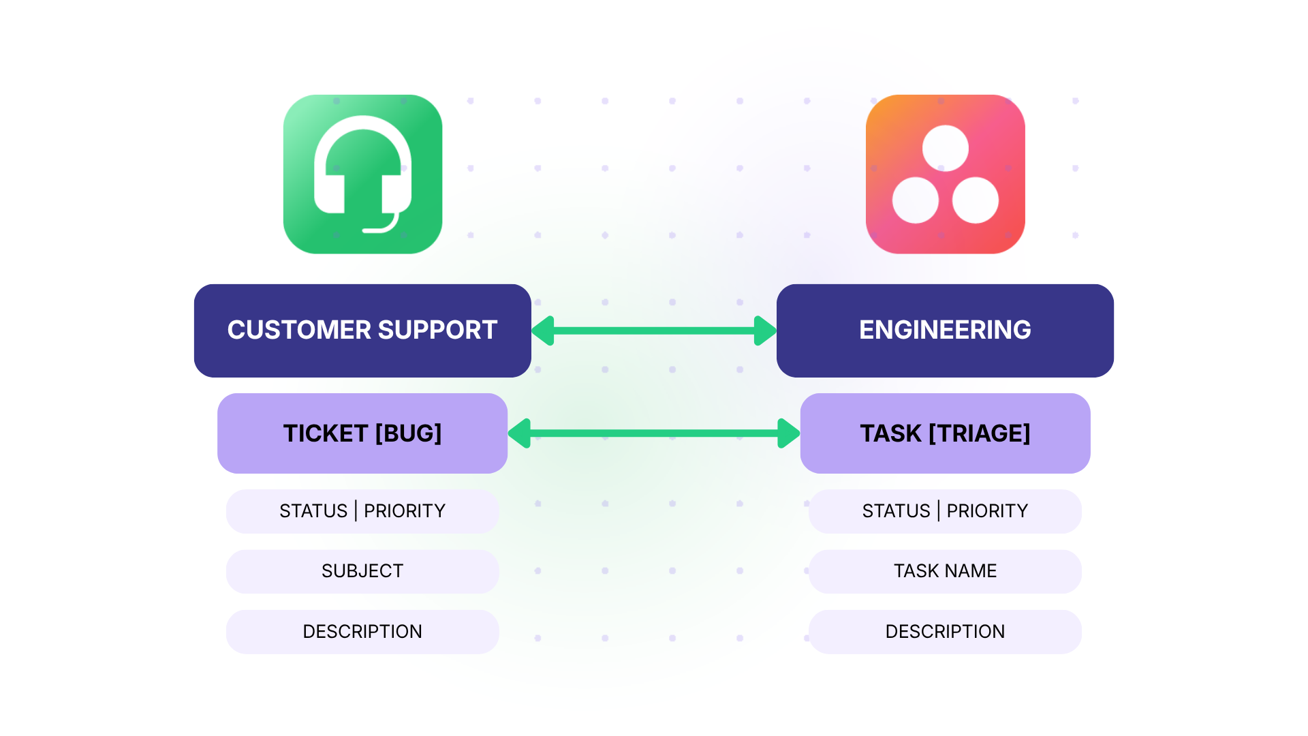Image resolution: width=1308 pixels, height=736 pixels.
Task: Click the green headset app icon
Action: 362,174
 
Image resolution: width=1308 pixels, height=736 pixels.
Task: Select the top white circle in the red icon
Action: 945,149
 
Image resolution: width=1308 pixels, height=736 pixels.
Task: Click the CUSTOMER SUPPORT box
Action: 362,331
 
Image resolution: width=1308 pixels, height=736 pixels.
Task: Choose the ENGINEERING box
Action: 945,331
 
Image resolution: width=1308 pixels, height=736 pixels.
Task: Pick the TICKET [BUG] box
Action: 362,433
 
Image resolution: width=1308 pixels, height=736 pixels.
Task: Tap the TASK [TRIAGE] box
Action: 945,433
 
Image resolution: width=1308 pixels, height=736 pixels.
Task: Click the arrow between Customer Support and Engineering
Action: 654,331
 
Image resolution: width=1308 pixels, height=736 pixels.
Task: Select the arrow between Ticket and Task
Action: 654,433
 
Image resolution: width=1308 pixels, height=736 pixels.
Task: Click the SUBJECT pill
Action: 362,571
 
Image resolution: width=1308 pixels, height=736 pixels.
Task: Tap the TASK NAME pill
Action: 945,571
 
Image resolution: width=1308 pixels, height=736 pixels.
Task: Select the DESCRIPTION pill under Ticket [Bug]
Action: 362,632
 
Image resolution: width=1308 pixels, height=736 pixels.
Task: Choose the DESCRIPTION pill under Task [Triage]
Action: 945,632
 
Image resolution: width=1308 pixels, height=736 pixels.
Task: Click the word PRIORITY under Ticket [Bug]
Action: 405,511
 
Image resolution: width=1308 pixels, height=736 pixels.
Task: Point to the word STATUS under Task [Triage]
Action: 896,511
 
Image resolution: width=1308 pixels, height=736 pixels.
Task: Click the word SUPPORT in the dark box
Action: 437,331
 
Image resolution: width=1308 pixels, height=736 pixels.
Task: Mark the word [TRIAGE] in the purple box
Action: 980,433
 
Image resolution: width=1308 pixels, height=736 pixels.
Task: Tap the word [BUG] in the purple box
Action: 408,433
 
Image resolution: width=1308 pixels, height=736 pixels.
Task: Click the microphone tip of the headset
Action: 368,230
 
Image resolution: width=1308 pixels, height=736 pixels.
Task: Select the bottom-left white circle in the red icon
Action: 915,200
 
